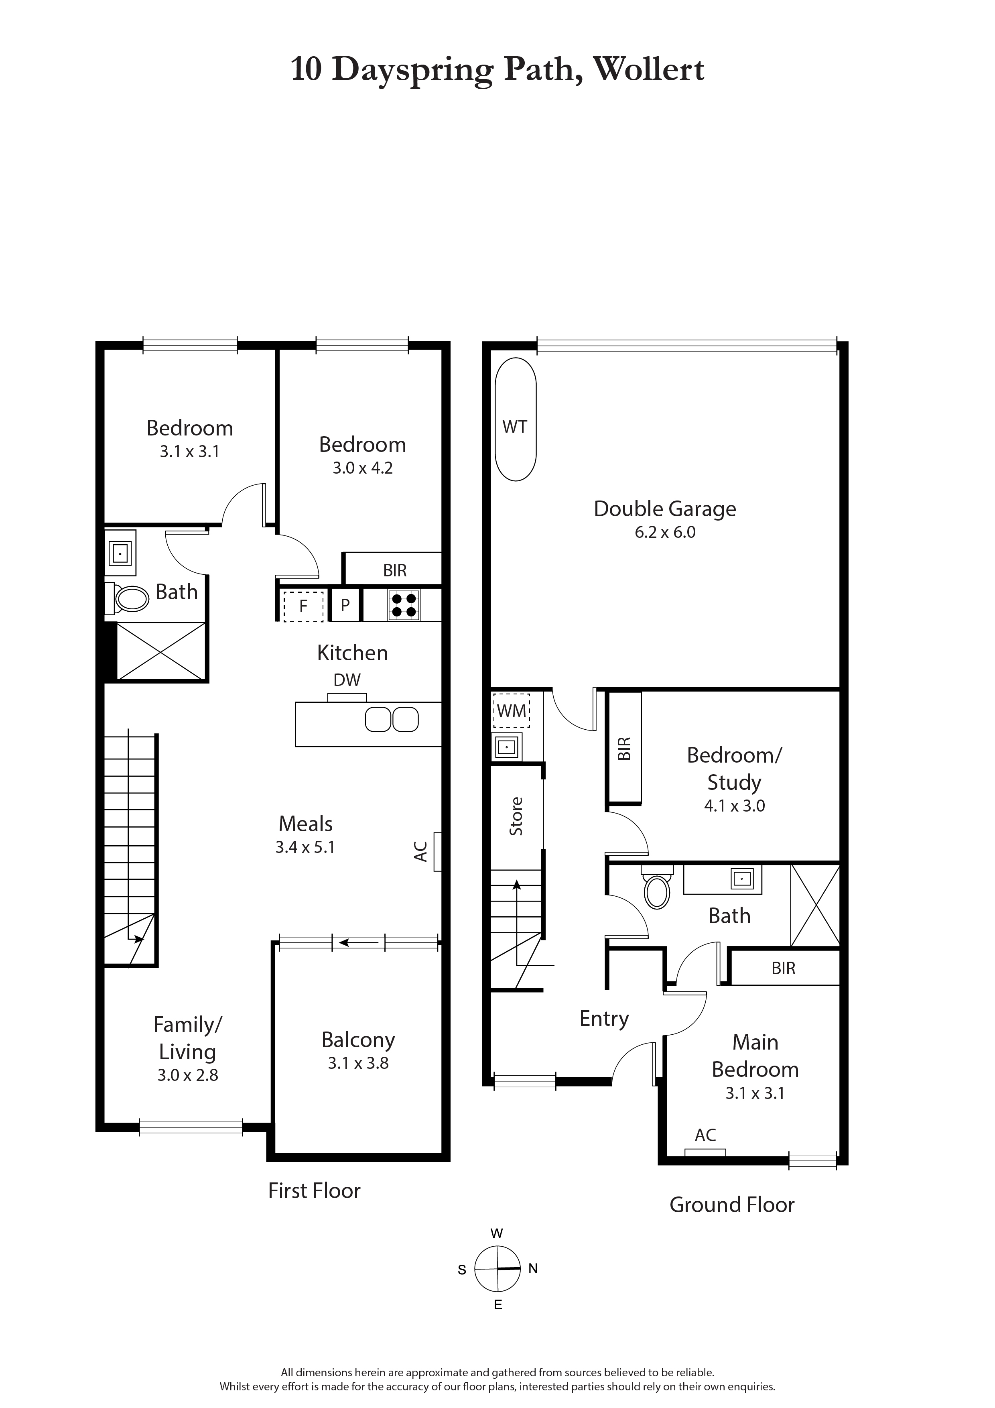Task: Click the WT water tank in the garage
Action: [515, 419]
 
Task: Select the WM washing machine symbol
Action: [511, 711]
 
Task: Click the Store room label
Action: [516, 816]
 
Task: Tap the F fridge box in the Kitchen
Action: [303, 606]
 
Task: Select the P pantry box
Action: [345, 605]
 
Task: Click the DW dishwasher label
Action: [347, 680]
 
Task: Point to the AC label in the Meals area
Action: [420, 851]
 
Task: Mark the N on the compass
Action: [533, 1269]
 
